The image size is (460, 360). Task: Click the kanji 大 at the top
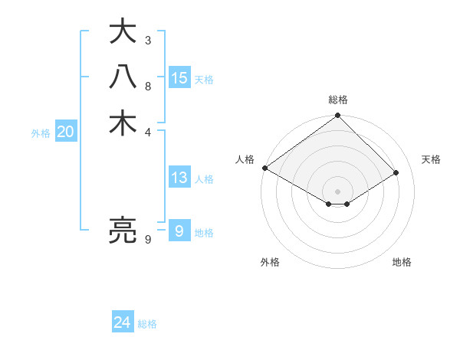tap(123, 33)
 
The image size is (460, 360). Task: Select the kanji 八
tap(123, 78)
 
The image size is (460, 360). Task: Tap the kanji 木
tap(123, 123)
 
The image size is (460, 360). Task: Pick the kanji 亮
tap(123, 230)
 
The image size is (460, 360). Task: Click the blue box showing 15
tap(179, 77)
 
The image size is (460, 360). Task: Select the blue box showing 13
tap(179, 178)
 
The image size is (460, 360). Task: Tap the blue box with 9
tap(179, 231)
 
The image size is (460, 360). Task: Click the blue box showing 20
tap(66, 132)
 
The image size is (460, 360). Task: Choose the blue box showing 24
tap(123, 322)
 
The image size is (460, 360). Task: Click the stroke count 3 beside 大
tap(148, 40)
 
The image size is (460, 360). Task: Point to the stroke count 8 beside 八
tap(148, 86)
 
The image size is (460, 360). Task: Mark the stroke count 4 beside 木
tap(148, 131)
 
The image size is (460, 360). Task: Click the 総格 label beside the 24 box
tap(147, 324)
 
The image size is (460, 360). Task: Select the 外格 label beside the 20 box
tap(41, 133)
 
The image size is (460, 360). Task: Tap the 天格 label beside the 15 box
tap(204, 79)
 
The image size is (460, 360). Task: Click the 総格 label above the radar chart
tap(338, 100)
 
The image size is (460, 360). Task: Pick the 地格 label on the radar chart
tap(402, 262)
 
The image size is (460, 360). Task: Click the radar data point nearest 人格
tap(264, 168)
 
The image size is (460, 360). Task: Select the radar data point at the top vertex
tap(338, 116)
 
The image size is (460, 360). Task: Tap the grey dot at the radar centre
tap(338, 191)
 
